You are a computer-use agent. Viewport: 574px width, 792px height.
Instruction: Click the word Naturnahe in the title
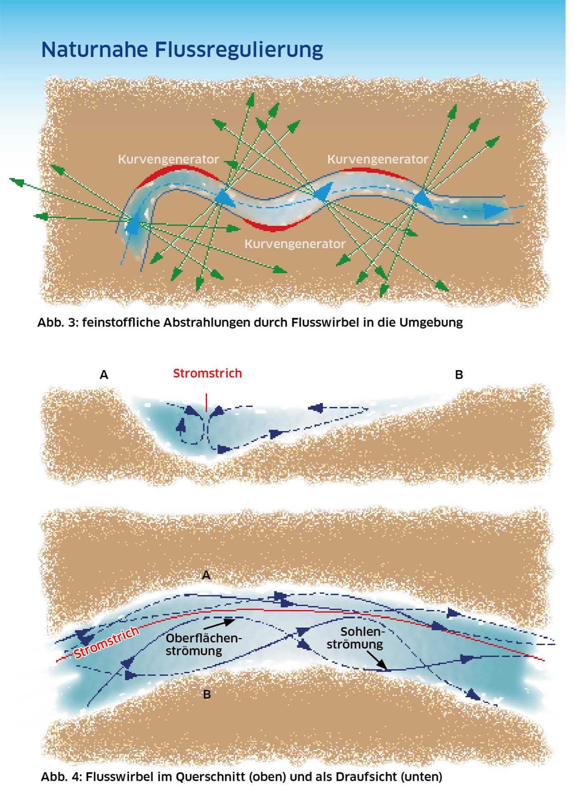tap(94, 49)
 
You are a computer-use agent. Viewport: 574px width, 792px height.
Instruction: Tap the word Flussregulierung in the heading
tap(239, 50)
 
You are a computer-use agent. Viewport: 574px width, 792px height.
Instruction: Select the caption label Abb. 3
tap(57, 322)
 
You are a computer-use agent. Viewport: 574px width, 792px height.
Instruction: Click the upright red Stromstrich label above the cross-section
tap(207, 373)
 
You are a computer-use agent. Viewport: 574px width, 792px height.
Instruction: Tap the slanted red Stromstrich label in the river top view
tap(106, 643)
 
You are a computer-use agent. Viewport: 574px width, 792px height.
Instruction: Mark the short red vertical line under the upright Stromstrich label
tap(206, 402)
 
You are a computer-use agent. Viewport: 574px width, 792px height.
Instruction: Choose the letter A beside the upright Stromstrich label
tap(104, 375)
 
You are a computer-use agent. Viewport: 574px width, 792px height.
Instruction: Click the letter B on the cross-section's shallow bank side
tap(459, 375)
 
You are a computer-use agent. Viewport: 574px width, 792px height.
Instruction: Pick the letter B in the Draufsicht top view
tap(207, 694)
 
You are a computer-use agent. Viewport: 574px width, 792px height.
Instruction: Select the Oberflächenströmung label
tap(203, 644)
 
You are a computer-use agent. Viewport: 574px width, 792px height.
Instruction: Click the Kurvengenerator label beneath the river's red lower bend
tap(295, 244)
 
